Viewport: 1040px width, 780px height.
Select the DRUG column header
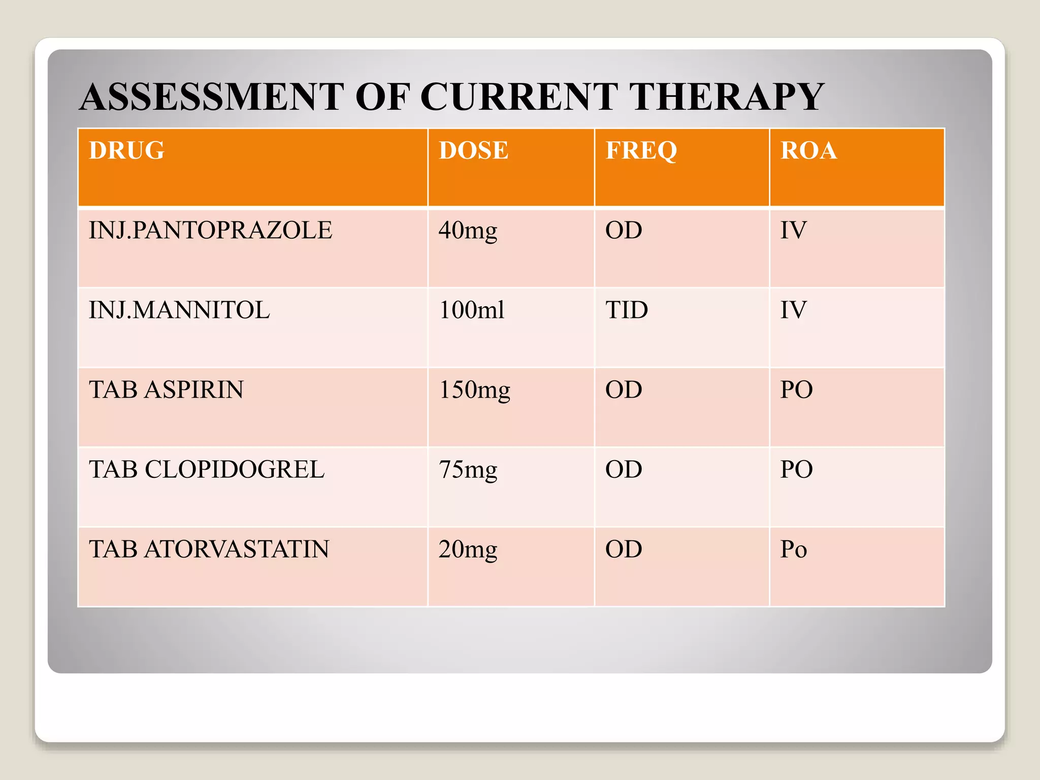126,150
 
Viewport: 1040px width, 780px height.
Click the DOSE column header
473,150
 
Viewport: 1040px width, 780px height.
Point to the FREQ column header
641,151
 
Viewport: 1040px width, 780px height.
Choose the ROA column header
808,150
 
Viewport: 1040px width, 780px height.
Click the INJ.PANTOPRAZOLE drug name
210,230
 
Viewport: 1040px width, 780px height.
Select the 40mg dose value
468,231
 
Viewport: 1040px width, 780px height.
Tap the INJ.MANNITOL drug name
179,310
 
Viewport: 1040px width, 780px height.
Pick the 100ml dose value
472,310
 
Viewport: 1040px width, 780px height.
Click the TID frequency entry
627,310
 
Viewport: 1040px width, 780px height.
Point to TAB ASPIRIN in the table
166,389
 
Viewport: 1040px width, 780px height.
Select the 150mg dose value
474,391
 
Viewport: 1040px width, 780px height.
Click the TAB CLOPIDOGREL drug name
207,469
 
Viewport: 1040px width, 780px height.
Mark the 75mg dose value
468,470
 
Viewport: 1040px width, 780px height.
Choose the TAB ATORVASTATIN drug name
209,549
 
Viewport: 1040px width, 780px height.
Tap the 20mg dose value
468,550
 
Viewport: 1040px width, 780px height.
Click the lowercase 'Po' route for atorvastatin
793,549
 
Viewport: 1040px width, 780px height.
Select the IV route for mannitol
793,310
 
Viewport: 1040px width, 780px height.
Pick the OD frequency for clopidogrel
624,469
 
